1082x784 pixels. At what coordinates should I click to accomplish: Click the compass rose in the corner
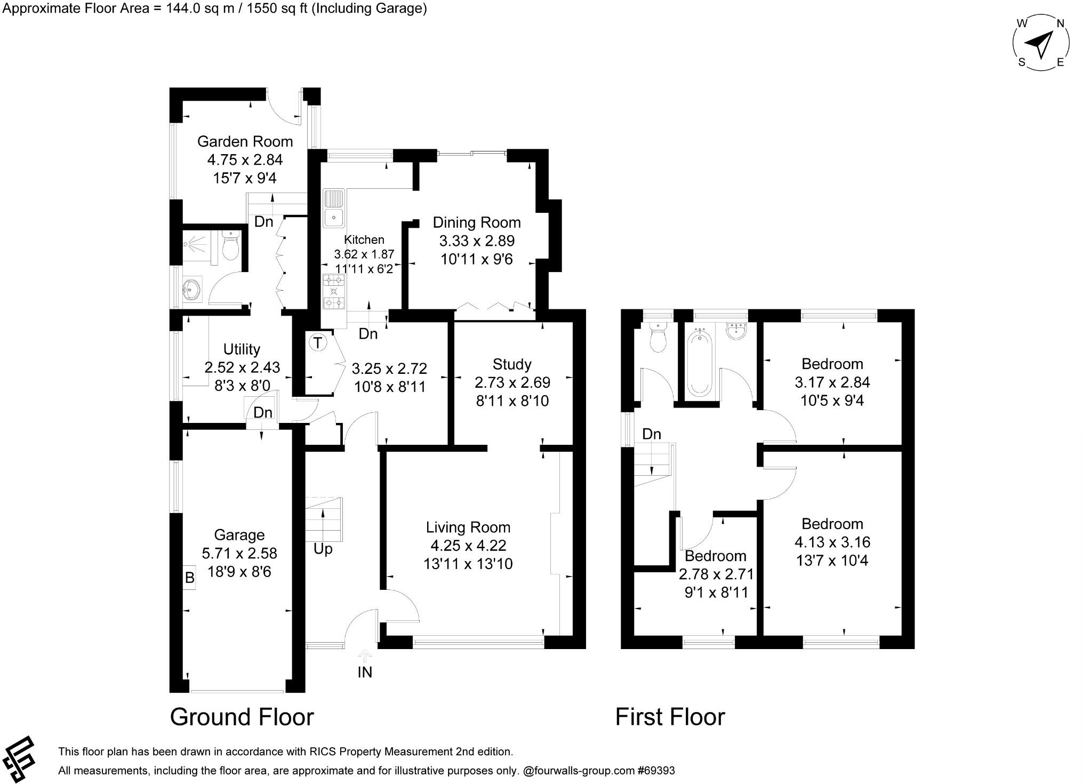(x=1040, y=44)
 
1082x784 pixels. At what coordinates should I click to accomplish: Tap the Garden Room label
(x=245, y=141)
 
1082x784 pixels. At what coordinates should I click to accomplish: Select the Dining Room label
(x=476, y=222)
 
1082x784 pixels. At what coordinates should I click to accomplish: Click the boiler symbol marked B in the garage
(x=189, y=578)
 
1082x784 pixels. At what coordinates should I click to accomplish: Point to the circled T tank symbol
(x=318, y=342)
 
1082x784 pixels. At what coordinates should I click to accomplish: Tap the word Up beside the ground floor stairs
(x=323, y=549)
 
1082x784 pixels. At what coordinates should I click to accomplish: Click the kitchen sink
(x=334, y=208)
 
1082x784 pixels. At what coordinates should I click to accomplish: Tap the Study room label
(x=512, y=364)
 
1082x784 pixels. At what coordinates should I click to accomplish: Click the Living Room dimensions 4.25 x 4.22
(x=468, y=546)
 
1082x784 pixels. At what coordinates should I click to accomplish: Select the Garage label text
(x=239, y=535)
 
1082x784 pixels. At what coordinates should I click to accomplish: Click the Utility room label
(x=242, y=349)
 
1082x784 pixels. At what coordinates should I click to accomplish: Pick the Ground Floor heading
(x=242, y=717)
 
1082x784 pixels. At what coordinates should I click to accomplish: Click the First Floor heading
(x=670, y=717)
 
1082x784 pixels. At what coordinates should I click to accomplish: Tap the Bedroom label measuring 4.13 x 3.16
(x=832, y=524)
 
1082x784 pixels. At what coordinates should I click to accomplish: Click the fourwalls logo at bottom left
(x=19, y=758)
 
